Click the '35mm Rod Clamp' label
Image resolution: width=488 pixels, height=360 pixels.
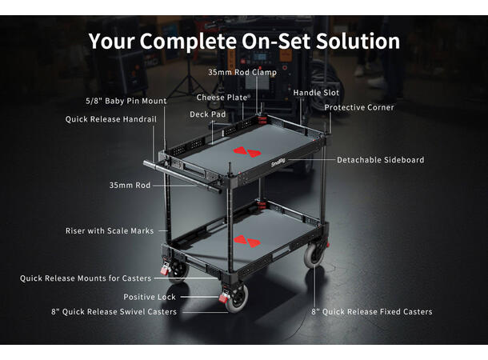point(242,73)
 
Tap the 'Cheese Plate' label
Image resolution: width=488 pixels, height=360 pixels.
point(222,98)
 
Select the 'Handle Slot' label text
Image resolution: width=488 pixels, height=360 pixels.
point(316,93)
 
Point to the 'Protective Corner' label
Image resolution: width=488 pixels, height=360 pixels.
point(359,108)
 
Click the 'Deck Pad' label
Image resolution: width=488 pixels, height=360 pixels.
point(207,114)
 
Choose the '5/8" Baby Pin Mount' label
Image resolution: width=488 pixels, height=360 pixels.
point(126,101)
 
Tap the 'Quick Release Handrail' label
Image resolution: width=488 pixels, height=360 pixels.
point(110,119)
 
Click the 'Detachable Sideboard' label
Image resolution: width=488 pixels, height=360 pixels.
point(380,160)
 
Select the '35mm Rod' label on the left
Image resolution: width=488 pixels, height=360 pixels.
point(130,186)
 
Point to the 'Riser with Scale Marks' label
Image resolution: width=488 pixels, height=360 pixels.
point(110,231)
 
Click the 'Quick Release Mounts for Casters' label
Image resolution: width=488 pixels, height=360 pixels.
point(86,278)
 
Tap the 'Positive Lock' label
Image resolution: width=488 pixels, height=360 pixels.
point(150,297)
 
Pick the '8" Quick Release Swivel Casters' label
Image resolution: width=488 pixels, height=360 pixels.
point(114,312)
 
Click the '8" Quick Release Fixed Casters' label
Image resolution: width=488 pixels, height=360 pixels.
point(372,312)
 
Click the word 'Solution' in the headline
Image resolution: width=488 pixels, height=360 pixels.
point(358,41)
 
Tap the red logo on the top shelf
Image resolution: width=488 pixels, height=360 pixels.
point(247,152)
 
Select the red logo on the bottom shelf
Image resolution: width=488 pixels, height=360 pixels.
point(247,242)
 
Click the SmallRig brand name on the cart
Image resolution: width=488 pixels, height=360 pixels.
point(278,162)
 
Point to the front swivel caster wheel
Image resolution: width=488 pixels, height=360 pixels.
point(237,298)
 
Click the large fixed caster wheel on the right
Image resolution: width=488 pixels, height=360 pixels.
point(314,255)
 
